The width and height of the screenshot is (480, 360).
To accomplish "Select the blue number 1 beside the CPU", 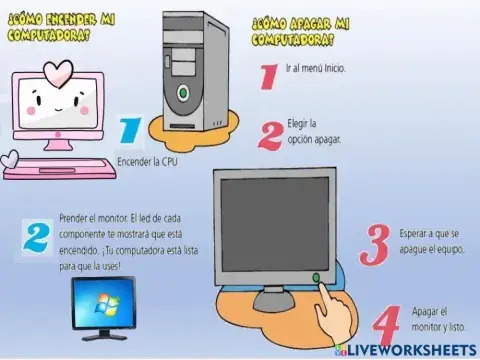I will (x=129, y=132).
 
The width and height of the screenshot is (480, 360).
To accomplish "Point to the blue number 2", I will (x=36, y=237).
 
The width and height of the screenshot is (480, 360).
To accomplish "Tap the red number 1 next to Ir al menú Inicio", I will (x=267, y=75).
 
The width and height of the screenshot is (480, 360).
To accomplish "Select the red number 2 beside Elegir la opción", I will (x=269, y=134).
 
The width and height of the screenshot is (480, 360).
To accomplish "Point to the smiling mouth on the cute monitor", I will (x=58, y=103).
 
